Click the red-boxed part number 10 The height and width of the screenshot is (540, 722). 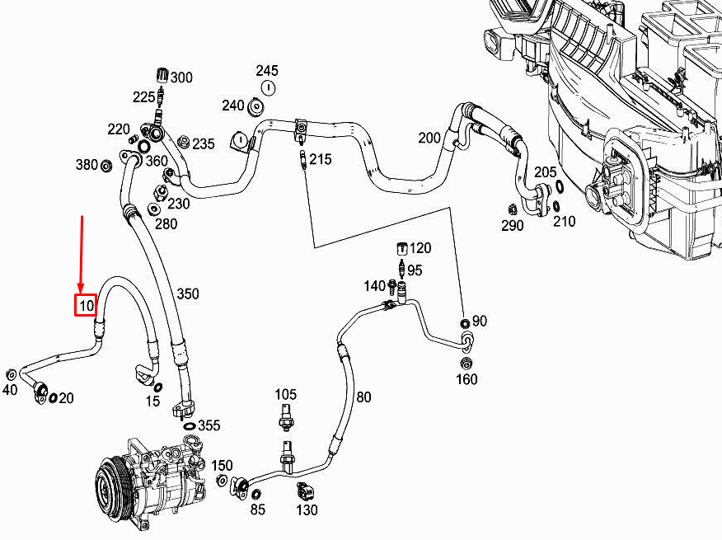86,305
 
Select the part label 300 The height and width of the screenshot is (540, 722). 181,77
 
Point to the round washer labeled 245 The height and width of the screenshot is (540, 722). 267,87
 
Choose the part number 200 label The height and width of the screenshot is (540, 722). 429,138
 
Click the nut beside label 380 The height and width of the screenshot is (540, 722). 106,166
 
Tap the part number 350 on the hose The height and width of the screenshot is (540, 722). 187,293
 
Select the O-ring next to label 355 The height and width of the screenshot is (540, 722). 190,425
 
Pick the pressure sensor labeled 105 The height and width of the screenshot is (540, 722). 285,419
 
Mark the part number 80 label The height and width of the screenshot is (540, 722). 363,397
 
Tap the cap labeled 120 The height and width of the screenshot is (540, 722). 403,248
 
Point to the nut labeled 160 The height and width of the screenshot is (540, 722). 466,364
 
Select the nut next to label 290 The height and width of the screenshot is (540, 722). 512,209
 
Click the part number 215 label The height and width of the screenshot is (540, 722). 320,159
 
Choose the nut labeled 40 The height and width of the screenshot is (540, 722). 11,373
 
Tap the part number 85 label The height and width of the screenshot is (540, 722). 258,509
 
